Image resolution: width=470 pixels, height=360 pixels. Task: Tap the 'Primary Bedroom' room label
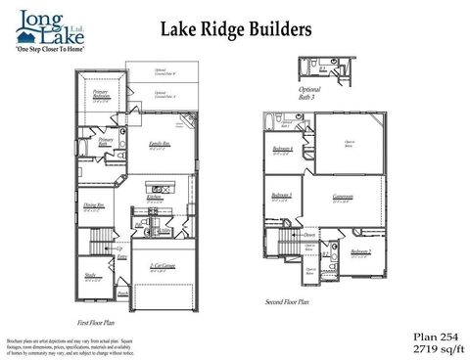[x=100, y=96]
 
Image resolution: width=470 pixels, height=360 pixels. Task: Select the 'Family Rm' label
[x=160, y=146]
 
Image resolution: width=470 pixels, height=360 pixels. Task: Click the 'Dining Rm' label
[x=95, y=205]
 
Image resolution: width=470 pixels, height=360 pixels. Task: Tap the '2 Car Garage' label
[x=162, y=265]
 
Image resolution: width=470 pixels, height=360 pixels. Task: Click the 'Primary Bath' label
[x=107, y=143]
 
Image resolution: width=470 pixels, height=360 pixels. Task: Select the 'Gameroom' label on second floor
[x=343, y=197]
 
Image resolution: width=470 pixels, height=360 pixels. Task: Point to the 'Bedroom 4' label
[x=282, y=149]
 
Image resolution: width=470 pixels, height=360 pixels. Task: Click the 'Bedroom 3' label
[x=282, y=195]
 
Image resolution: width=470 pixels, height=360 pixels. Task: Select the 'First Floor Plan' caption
[x=96, y=321]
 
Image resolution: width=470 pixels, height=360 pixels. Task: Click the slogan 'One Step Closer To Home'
[x=48, y=47]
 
